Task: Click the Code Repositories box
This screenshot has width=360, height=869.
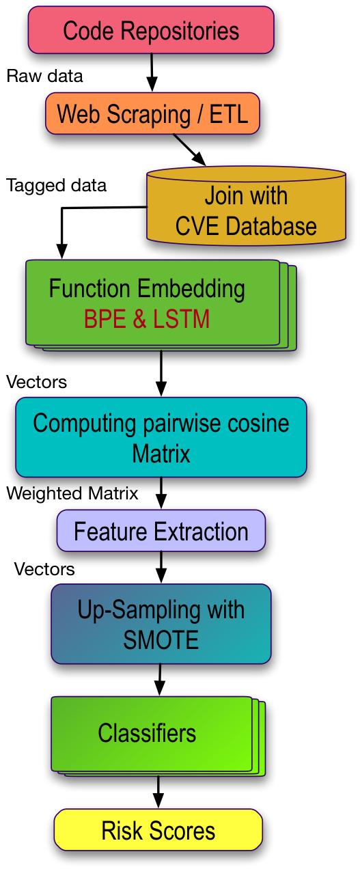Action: (151, 30)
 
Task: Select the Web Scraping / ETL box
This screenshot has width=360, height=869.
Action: (152, 113)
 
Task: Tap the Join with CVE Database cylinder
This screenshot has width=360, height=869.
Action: (246, 206)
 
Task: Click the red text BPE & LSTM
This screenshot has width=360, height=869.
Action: (147, 319)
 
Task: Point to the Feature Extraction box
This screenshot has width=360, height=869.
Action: (161, 531)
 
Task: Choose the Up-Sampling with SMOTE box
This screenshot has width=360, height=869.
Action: (161, 624)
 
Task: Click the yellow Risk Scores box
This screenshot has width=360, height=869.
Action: (158, 830)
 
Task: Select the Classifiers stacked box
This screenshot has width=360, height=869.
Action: (158, 736)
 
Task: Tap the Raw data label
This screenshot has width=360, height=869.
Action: (44, 76)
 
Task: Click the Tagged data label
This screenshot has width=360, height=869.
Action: (56, 185)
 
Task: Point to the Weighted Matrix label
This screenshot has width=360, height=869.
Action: (72, 493)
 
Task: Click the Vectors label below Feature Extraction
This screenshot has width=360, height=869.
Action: (44, 570)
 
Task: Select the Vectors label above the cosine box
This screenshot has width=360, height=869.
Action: (36, 382)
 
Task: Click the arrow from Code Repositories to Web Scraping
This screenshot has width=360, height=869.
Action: (152, 72)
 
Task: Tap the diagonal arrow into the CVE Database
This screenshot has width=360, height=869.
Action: (189, 150)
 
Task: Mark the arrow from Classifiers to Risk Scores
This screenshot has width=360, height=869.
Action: (158, 792)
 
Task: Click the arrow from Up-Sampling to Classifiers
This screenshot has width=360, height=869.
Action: (159, 680)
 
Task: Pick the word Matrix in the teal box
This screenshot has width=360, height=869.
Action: (161, 454)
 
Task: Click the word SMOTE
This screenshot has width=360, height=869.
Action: (161, 639)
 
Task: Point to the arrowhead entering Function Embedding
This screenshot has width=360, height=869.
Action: (61, 251)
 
